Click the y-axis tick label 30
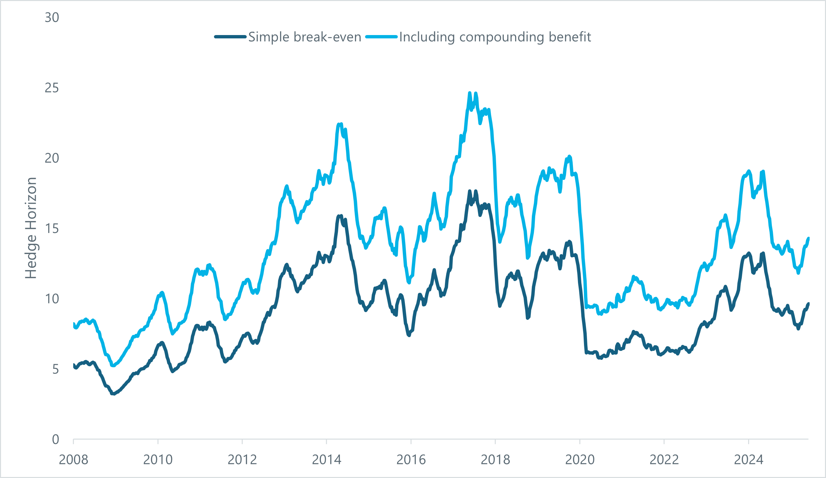52,18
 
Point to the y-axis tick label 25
52,88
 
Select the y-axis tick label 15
52,229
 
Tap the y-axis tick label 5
55,370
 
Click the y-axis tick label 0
55,440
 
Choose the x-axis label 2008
74,460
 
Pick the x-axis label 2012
242,460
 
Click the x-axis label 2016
411,460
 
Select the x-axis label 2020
580,460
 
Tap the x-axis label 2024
748,460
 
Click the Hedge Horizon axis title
31,228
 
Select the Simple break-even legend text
305,37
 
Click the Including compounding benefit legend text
495,37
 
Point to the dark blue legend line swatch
230,37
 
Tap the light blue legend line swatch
381,37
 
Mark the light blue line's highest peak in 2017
470,93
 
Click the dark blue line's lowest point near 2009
114,394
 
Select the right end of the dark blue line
808,304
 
